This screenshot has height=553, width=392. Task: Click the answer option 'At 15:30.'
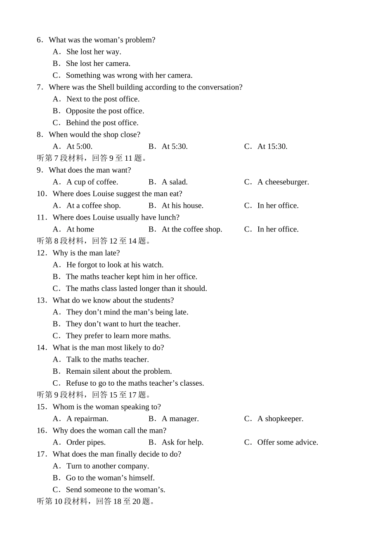pos(272,146)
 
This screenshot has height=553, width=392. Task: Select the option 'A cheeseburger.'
pos(283,182)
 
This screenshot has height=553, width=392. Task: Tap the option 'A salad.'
pos(175,182)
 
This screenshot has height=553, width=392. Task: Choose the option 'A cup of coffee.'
pos(92,182)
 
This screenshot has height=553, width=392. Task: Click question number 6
pos(40,40)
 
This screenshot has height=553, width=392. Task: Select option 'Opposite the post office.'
pos(105,111)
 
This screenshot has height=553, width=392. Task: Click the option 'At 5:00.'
pos(79,146)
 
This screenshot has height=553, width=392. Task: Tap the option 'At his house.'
pos(182,205)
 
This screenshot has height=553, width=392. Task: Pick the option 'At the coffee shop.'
pos(192,229)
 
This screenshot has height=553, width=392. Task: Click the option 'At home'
pos(80,229)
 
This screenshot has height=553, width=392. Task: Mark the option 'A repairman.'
pos(87,419)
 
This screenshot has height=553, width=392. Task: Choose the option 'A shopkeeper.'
pos(280,419)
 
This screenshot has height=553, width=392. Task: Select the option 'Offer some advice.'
pos(288,442)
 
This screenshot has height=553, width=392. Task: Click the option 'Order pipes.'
pos(86,442)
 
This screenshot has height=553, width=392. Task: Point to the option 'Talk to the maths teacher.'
pos(107,359)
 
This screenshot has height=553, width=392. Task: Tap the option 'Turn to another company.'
pos(107,466)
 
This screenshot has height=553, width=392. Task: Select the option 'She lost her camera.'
pos(98,63)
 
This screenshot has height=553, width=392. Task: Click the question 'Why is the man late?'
pos(86,253)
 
